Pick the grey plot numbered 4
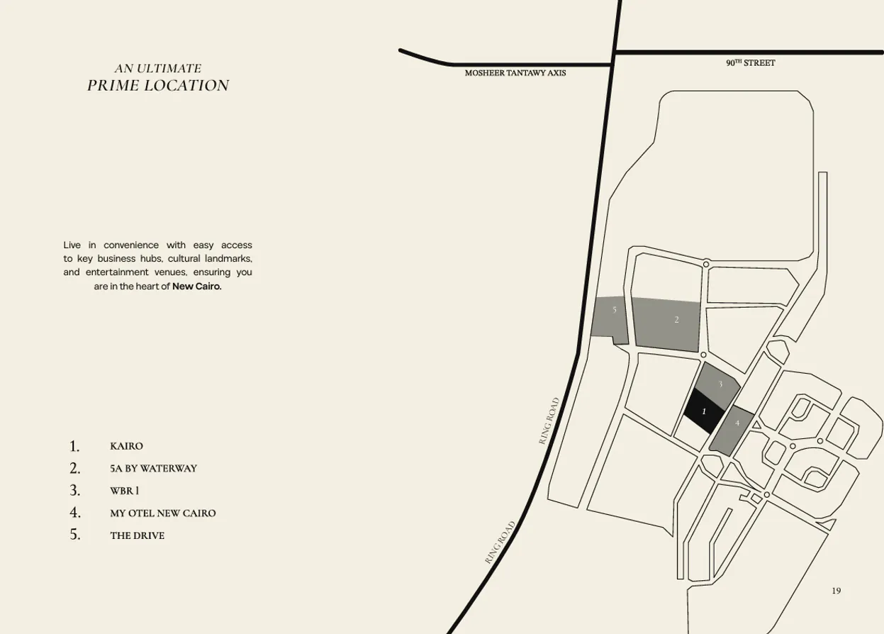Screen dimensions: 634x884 [732, 430]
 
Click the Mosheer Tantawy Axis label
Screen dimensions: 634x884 [515, 73]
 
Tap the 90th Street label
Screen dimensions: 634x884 [750, 63]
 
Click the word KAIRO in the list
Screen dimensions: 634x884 [126, 446]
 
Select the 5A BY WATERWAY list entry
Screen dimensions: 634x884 [153, 468]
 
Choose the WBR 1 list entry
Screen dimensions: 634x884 [124, 491]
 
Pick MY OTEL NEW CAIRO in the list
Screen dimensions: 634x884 [162, 513]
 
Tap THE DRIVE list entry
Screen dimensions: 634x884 [137, 535]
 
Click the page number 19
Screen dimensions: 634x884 [837, 591]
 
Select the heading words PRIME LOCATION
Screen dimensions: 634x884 [158, 86]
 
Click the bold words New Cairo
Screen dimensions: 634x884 [197, 287]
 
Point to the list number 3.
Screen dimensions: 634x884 [75, 490]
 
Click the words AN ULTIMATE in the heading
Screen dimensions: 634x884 [158, 69]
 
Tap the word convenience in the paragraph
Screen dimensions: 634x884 [131, 245]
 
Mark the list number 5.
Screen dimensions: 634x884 [75, 535]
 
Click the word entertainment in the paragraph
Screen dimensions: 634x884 [117, 272]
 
